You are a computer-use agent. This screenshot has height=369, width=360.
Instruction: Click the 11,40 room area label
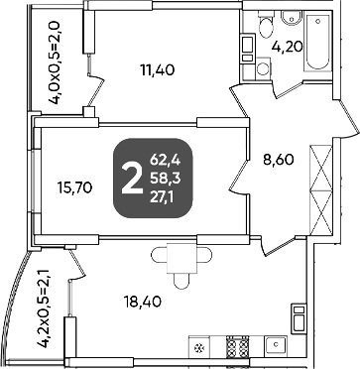(157, 70)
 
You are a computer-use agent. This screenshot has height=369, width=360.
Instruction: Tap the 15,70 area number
(74, 188)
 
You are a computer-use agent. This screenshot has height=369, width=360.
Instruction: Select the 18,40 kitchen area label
(143, 302)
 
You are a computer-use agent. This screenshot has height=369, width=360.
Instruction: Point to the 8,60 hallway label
(279, 161)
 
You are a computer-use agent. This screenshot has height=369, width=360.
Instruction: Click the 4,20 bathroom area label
(287, 47)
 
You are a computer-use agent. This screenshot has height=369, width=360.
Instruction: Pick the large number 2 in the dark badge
(132, 180)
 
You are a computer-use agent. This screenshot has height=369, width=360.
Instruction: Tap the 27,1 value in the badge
(164, 197)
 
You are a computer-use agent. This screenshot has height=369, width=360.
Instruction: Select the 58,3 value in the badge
(165, 180)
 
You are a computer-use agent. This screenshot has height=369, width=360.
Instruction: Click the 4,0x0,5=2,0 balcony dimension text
(55, 62)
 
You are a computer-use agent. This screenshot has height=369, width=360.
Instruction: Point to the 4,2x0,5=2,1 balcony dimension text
(44, 307)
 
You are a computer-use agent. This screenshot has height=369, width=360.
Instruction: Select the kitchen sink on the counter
(276, 345)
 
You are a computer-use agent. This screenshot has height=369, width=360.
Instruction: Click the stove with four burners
(237, 345)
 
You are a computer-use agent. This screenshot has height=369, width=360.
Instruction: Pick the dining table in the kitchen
(181, 258)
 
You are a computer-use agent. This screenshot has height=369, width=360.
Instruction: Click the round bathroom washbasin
(292, 17)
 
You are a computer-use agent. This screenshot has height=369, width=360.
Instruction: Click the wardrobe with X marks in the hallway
(321, 190)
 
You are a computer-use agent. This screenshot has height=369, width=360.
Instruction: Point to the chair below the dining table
(181, 281)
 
